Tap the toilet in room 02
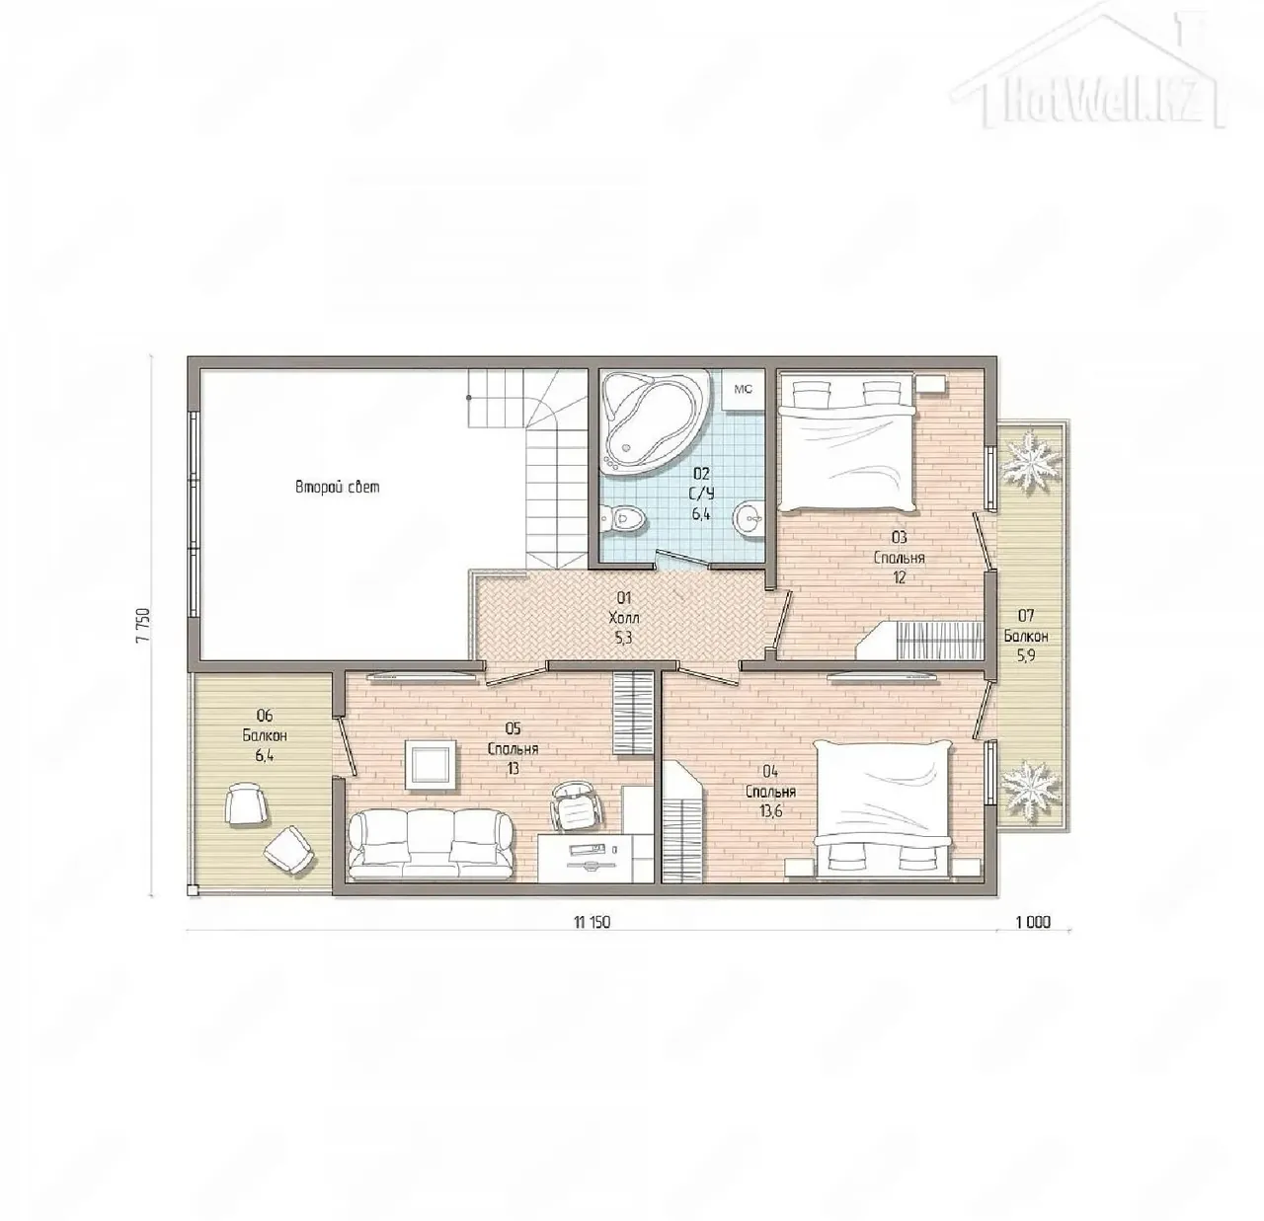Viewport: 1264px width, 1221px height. coord(622,518)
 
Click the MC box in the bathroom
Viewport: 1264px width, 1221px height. coord(744,389)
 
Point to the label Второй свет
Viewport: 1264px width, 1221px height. coord(337,487)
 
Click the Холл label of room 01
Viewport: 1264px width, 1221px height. coord(623,617)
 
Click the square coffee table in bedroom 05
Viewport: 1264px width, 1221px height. coord(430,765)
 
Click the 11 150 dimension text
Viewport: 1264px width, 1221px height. coord(592,922)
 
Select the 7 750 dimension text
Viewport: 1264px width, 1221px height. coord(143,625)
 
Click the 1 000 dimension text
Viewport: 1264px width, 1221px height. coord(1033,922)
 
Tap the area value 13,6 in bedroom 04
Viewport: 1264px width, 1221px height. coord(770,811)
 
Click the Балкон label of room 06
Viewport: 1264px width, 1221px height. coord(265,735)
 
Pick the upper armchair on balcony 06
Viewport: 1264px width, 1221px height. coord(246,803)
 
